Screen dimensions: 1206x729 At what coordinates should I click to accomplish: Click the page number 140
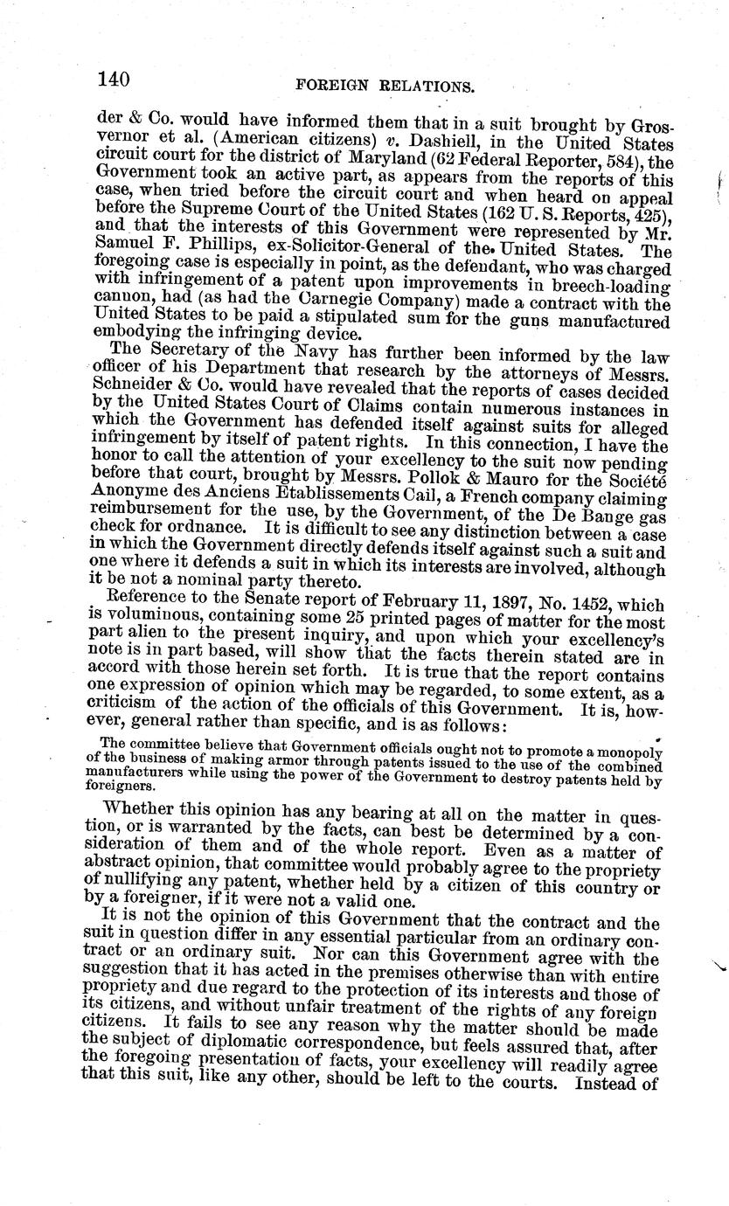115,80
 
